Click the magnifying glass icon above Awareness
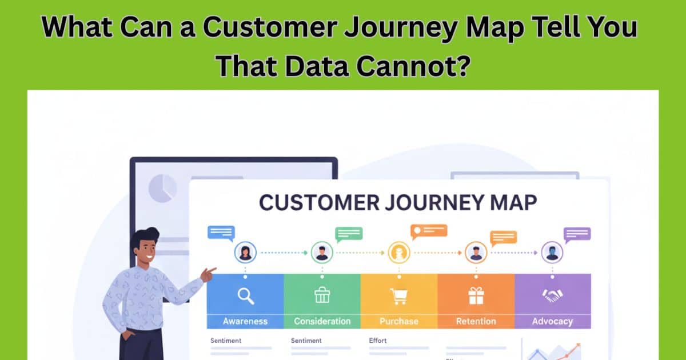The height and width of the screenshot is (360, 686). coord(245,295)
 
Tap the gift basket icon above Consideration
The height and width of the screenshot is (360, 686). coord(322,295)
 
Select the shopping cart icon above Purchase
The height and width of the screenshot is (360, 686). coord(398,295)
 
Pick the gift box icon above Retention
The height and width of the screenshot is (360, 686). coord(476,295)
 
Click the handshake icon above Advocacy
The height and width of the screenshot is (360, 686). coord(552,295)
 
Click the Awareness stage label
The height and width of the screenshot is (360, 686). coord(245,321)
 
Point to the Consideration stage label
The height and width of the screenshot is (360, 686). coord(322,321)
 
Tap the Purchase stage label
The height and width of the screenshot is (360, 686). coord(398,321)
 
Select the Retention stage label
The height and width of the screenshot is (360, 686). coord(476,321)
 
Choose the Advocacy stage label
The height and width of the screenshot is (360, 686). coord(552,321)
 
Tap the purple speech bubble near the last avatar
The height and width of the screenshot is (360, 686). coord(577,234)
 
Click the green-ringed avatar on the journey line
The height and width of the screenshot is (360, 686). coord(322,252)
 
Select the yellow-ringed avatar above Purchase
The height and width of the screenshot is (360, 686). coord(398,252)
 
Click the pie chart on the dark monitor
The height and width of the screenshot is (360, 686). coord(162,188)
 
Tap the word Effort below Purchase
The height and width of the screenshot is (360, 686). coord(378,341)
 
